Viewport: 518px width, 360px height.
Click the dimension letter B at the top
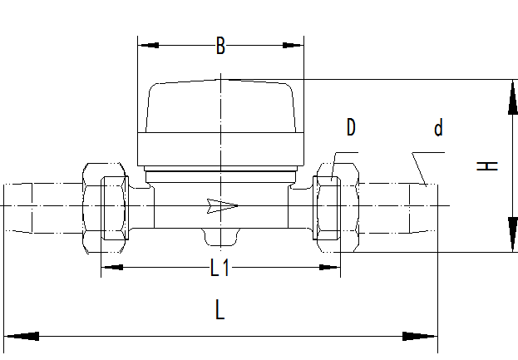tap(220, 47)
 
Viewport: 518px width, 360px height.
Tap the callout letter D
tap(351, 127)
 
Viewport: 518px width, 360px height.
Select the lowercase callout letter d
tap(438, 128)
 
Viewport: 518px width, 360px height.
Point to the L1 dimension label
tap(220, 268)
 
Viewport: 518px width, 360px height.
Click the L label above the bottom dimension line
tap(220, 311)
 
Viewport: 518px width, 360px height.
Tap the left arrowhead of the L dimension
tap(21, 337)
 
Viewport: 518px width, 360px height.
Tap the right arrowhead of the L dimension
tap(421, 337)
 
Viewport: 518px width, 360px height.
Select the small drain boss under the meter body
tap(220, 239)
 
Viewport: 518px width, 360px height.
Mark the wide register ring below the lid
tap(220, 150)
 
